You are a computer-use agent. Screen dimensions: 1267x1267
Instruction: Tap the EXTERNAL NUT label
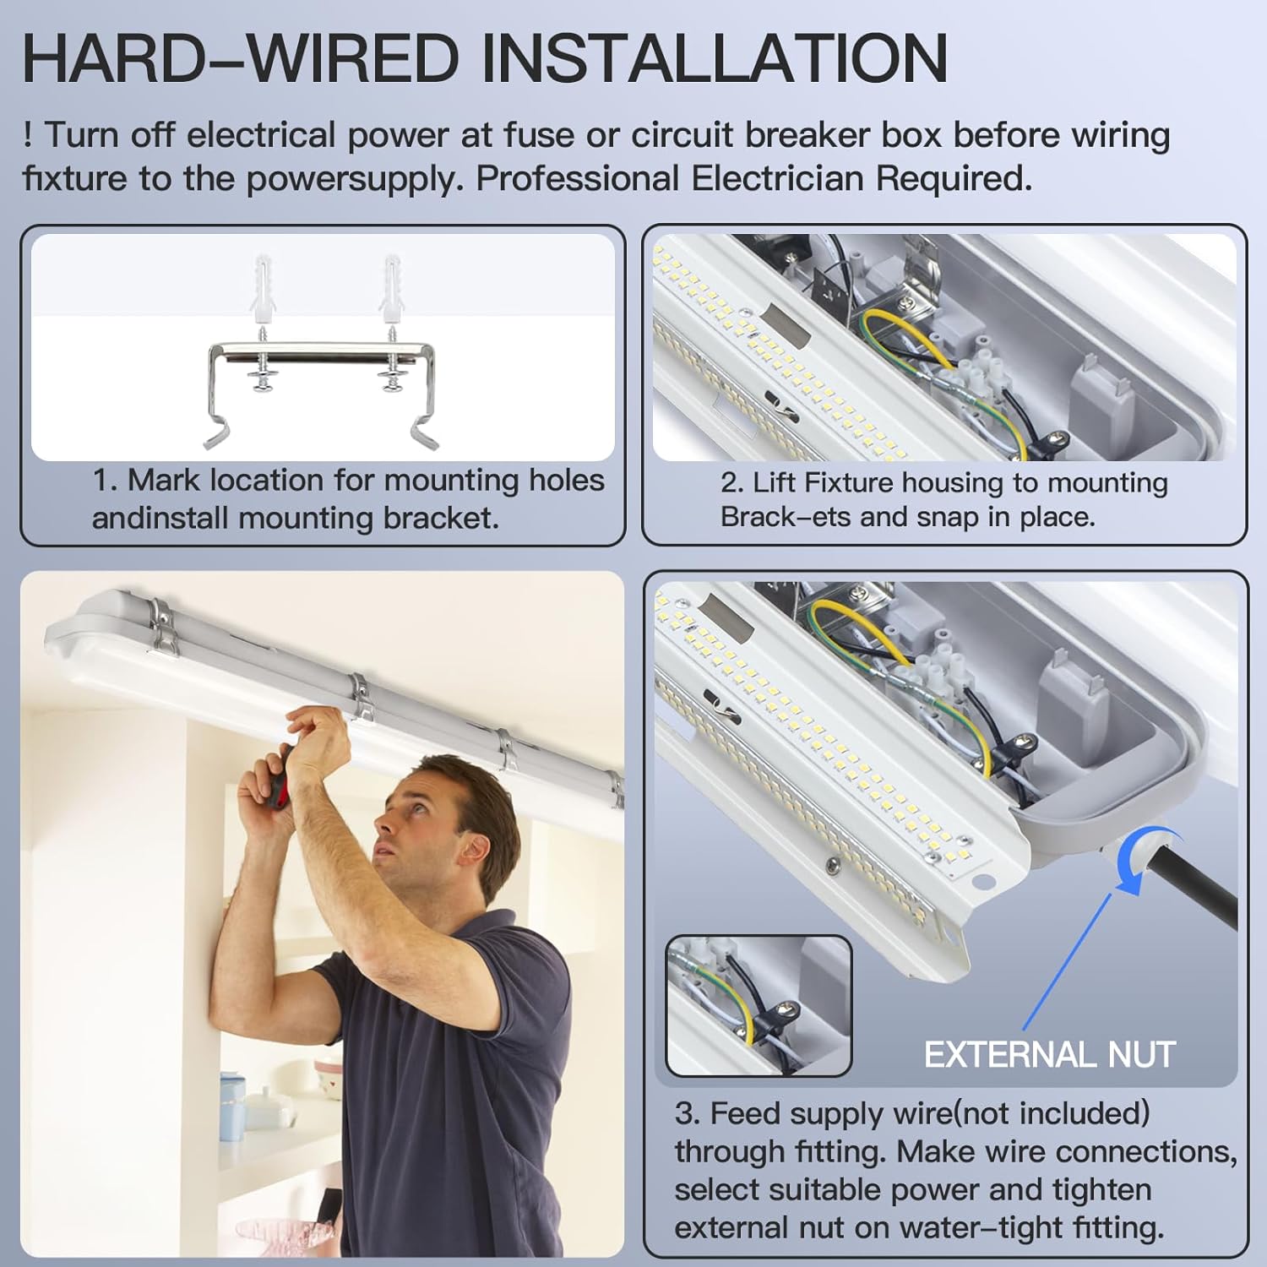click(1050, 1054)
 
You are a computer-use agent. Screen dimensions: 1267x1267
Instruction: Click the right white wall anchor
click(392, 290)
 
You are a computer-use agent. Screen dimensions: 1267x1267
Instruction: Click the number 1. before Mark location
click(105, 480)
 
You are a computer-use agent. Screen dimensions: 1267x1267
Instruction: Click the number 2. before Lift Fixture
click(732, 482)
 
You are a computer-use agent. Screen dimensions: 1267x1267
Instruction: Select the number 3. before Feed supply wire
click(687, 1113)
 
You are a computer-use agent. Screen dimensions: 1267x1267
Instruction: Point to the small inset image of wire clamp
click(759, 1005)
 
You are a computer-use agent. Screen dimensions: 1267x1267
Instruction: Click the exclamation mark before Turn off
click(28, 134)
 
